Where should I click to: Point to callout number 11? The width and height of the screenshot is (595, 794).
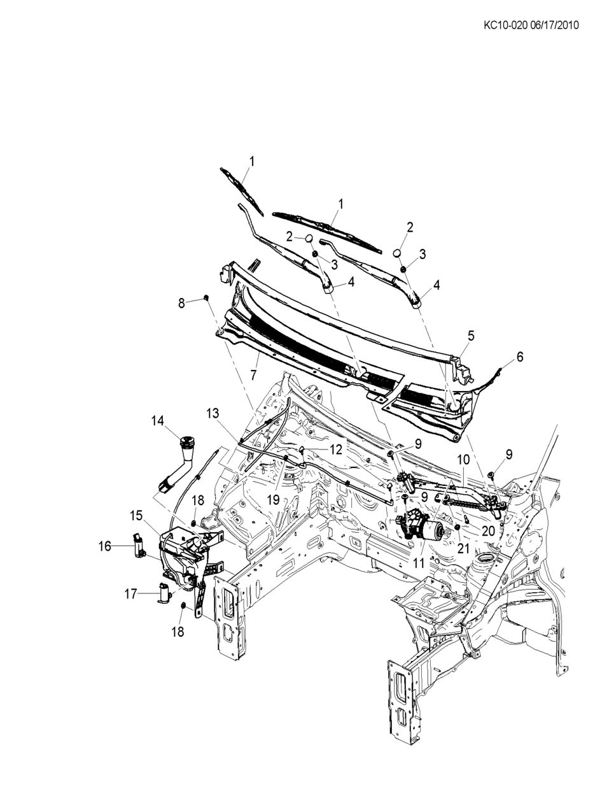click(x=419, y=562)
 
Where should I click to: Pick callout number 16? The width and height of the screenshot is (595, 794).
click(x=105, y=546)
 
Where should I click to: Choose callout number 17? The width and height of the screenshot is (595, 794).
click(x=130, y=593)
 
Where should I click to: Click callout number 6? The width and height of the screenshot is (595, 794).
click(x=520, y=357)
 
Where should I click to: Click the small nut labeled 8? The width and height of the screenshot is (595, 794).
click(x=207, y=298)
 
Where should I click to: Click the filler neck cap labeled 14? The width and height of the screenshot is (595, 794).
click(x=188, y=441)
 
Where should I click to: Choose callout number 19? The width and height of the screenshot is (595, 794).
click(x=273, y=500)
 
